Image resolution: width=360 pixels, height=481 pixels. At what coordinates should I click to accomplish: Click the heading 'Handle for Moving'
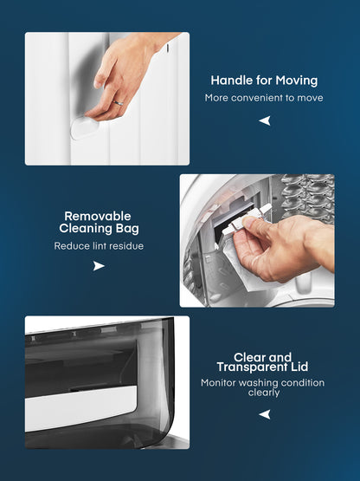pos(264,81)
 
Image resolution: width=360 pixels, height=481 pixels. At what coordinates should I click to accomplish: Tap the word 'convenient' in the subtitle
pos(257,98)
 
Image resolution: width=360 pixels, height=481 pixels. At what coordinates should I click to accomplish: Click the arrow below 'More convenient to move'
pos(265,120)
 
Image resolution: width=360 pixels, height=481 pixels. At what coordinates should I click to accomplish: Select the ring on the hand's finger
pos(119,103)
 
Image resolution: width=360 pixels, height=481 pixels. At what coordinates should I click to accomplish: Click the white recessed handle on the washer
pos(85,127)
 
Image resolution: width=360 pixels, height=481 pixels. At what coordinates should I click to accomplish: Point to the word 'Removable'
pos(98,217)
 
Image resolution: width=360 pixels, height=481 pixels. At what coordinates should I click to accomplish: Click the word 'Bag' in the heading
pos(127,229)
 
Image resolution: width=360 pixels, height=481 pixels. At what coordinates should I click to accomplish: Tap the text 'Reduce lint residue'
pos(99,246)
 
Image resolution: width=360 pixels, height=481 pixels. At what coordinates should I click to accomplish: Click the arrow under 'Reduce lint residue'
pos(99,266)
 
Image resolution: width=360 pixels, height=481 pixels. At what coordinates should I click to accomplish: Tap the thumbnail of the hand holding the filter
pos(257,241)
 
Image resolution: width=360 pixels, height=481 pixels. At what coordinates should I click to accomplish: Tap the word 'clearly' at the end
pos(264,393)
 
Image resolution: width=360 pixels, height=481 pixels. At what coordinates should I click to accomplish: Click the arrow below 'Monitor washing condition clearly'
pos(265,414)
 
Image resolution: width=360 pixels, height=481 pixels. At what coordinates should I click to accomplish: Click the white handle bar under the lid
pos(80,407)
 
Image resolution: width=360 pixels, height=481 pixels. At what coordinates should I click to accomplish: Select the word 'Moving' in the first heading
pos(297,81)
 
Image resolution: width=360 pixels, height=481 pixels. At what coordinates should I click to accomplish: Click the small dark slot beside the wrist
pos(168,48)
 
